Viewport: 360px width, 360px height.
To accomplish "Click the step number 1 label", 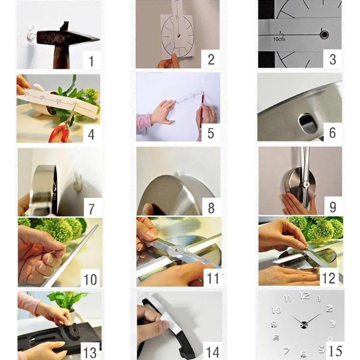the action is pos(91,61).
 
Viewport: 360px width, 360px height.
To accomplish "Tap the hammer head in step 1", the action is pos(67,36).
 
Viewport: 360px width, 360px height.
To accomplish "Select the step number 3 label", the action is pos(333,59).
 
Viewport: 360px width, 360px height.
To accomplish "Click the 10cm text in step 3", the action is pos(279,39).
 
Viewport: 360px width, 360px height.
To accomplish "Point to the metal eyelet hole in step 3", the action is pos(324,35).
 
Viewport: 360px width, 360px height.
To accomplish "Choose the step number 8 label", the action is pos(211,208).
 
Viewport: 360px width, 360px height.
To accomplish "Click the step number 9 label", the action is pos(333,207).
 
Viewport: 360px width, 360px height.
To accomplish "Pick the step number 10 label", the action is pos(90,279).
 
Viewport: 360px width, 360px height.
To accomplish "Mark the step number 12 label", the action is pos(329,278).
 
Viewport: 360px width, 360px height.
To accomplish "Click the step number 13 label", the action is pos(90,352).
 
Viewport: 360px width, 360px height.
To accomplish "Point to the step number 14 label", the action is pos(213,352).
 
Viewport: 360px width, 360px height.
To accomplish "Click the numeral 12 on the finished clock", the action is pos(305,296).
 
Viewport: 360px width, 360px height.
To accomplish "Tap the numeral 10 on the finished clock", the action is pos(277,310).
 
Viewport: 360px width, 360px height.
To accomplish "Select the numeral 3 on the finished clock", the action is pos(333,324).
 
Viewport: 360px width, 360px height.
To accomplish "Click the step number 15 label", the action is pos(335,351).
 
